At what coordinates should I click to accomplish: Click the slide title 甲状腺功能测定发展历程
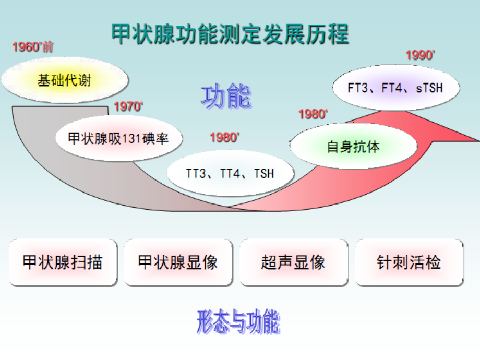tap(230, 35)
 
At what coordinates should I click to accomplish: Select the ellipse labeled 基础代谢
tap(58, 80)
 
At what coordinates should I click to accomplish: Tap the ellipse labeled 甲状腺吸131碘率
tap(119, 138)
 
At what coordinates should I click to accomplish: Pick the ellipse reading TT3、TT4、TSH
tap(230, 173)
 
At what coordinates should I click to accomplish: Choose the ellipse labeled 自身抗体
tap(353, 147)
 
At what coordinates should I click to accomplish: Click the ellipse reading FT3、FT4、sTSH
tap(395, 87)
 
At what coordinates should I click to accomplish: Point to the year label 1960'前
tap(33, 47)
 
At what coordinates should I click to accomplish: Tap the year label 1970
tap(128, 107)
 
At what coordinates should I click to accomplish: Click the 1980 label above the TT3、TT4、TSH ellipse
tap(225, 138)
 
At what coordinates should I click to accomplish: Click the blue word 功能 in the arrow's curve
tap(226, 97)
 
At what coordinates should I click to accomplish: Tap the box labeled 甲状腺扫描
tap(63, 262)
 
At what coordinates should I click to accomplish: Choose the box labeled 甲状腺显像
tap(178, 262)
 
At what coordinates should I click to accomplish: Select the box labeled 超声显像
tap(293, 262)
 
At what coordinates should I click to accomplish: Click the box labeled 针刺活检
tap(409, 262)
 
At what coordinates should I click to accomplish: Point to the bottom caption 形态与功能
tap(238, 322)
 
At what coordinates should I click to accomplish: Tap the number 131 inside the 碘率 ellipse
tap(132, 138)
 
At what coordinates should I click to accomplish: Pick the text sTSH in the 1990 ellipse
tap(429, 88)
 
